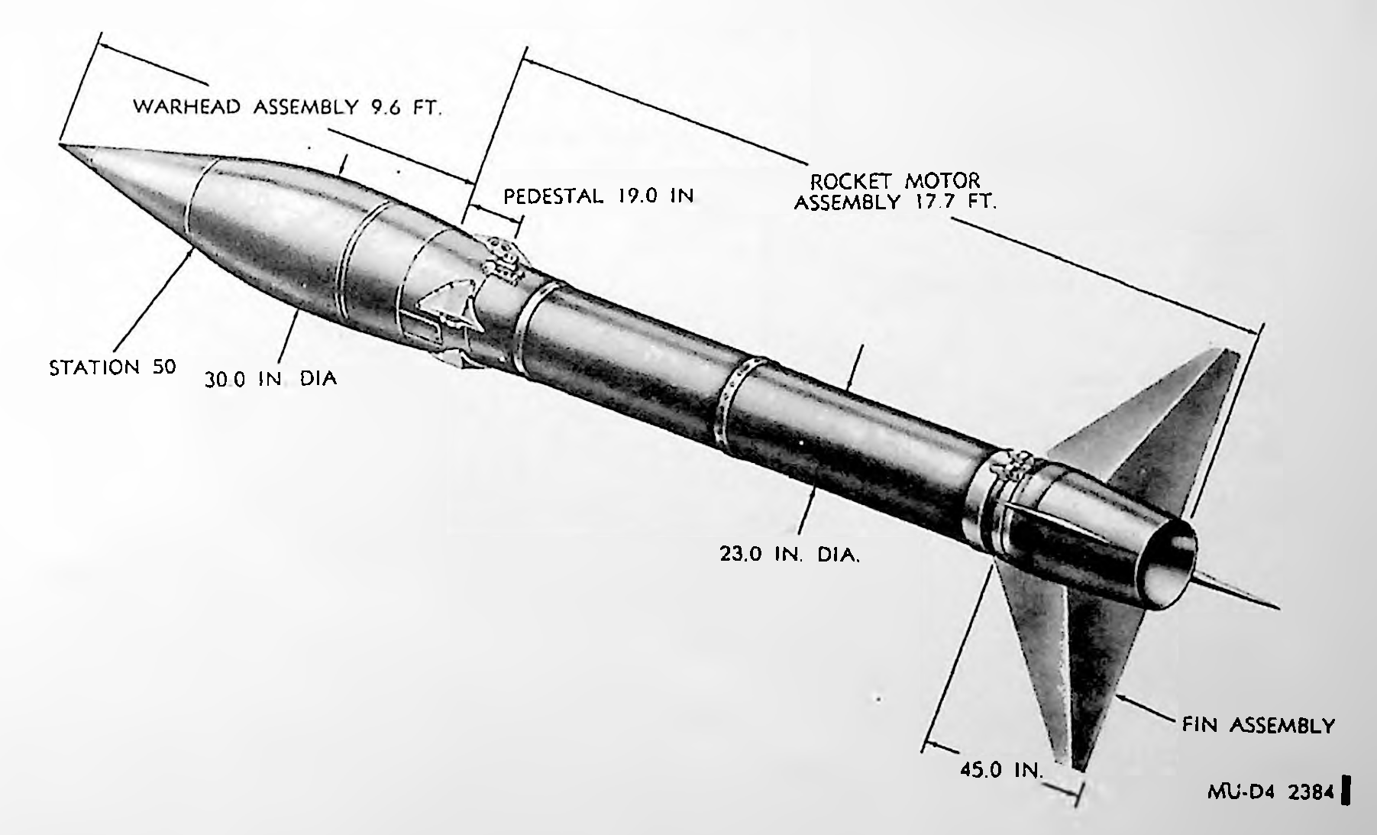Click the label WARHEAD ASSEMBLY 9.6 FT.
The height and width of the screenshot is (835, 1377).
point(288,107)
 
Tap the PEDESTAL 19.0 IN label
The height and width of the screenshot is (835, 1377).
point(599,196)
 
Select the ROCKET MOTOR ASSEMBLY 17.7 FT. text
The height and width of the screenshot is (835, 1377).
point(895,192)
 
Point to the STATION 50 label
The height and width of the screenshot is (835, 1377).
point(113,367)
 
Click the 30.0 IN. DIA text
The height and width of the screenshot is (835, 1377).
point(270,379)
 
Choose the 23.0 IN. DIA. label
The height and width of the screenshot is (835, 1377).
point(790,554)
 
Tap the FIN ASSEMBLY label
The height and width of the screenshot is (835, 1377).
point(1258,725)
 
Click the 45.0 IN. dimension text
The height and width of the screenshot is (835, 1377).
point(1001,770)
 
